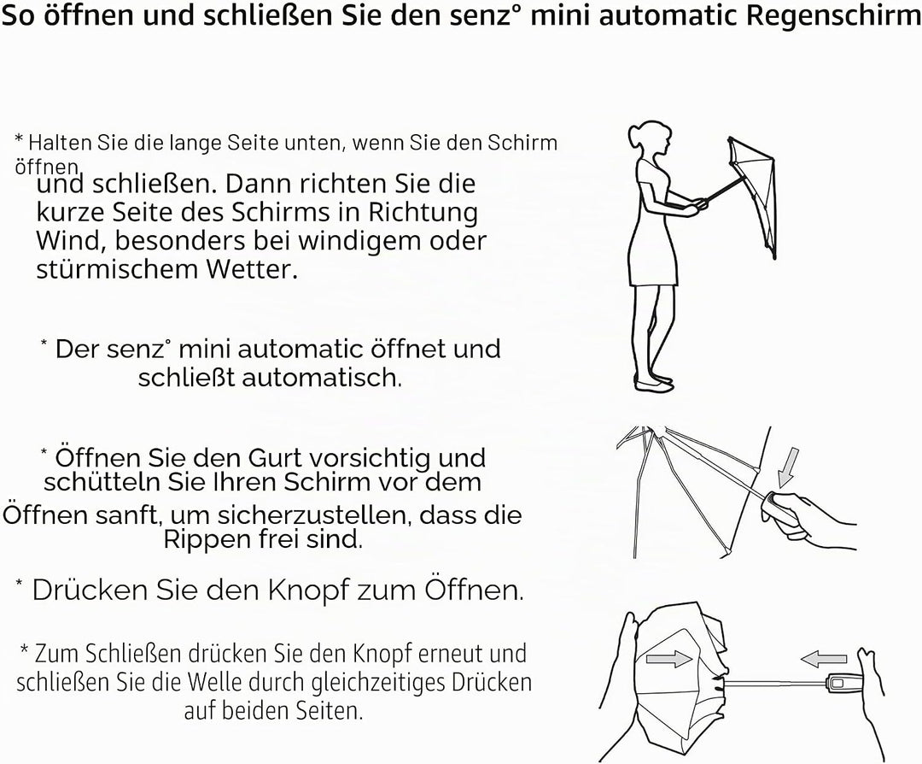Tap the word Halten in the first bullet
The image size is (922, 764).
click(x=61, y=143)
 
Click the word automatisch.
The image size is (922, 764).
click(x=322, y=377)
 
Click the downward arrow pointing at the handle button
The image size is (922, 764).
click(x=787, y=468)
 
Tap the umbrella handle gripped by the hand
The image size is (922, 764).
click(x=779, y=507)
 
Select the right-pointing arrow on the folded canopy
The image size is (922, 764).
click(x=668, y=658)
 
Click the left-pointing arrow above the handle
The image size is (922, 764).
click(x=824, y=659)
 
